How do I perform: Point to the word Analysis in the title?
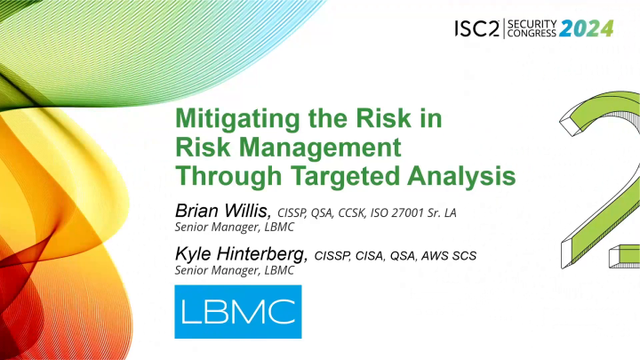pyautogui.click(x=468, y=176)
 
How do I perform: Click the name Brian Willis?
pyautogui.click(x=223, y=210)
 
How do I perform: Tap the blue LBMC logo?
pyautogui.click(x=237, y=311)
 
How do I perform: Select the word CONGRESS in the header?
pyautogui.click(x=532, y=34)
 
